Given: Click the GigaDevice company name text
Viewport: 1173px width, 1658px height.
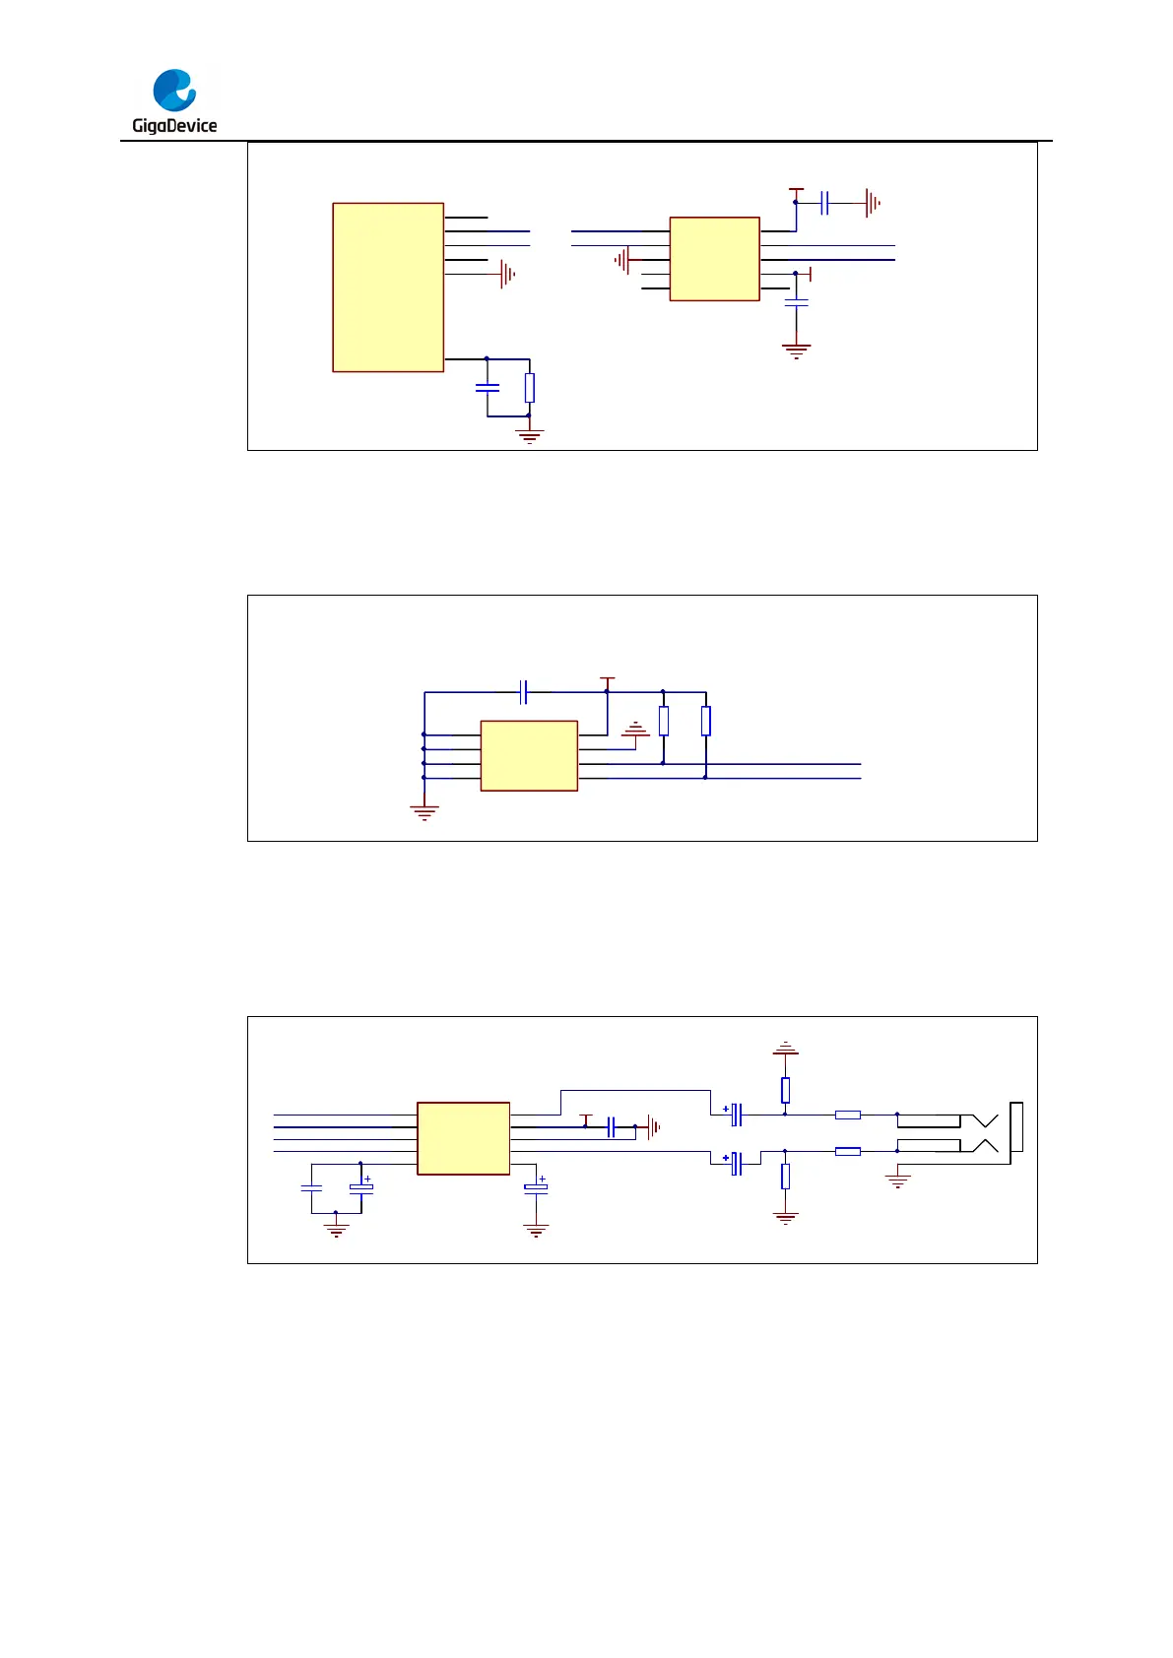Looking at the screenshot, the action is point(174,125).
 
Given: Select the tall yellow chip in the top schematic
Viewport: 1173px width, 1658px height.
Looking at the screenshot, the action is point(388,287).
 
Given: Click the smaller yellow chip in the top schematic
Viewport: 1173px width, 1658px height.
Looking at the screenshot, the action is point(714,259).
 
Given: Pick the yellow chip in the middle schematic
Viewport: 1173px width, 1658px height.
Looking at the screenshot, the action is point(529,755).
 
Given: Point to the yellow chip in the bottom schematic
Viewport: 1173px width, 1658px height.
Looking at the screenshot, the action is point(463,1138).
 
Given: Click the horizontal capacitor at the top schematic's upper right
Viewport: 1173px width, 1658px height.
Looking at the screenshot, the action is point(825,203).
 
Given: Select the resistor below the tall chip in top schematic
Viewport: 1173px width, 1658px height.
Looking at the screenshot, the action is point(530,388).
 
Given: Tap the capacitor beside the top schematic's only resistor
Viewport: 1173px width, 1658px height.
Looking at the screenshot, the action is point(488,388).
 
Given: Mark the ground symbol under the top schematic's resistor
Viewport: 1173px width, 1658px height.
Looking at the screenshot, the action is point(530,435).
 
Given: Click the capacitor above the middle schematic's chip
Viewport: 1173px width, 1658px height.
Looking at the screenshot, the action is point(524,692).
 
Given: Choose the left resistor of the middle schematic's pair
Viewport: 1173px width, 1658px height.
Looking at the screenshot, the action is point(664,722).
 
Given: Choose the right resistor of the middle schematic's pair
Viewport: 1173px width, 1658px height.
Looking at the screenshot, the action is point(706,722).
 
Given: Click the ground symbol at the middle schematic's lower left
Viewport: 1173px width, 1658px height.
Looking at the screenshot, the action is point(424,812).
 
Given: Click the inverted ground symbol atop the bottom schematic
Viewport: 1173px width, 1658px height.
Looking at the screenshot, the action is point(785,1049).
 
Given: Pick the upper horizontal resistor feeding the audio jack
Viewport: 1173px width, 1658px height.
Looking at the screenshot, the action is point(848,1115).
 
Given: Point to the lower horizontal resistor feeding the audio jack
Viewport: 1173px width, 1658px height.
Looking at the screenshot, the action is point(848,1151).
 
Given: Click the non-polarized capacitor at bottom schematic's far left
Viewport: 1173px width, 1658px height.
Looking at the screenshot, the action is point(311,1188).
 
